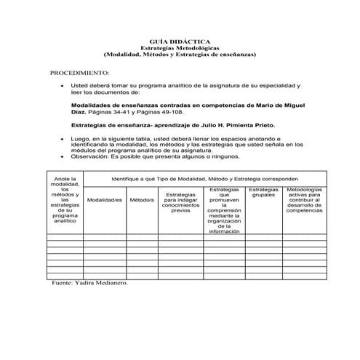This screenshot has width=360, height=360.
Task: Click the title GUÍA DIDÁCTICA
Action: [x=180, y=42]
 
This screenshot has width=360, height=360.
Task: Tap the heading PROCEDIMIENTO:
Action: [x=79, y=74]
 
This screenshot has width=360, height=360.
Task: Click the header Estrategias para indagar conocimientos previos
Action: [x=180, y=203]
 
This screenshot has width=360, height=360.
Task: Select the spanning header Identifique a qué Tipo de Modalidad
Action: [x=204, y=177]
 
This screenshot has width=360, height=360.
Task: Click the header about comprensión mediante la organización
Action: [x=223, y=210]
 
